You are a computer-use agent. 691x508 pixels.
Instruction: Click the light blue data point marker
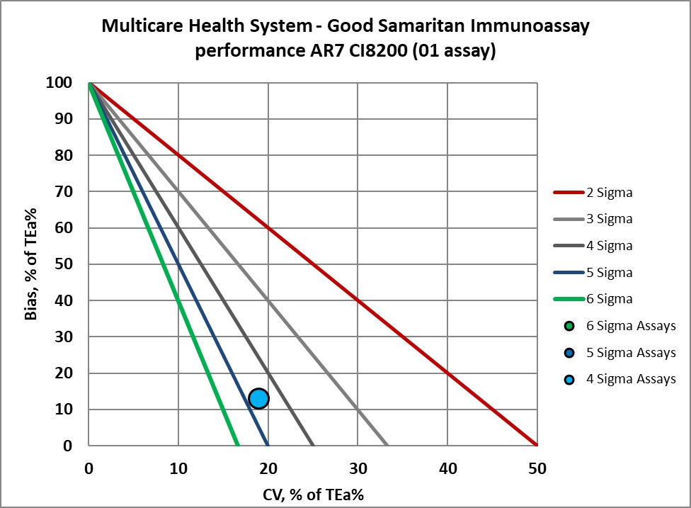point(258,398)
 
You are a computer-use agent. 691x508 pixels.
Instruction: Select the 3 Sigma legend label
point(609,219)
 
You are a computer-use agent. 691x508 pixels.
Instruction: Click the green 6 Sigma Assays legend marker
point(568,326)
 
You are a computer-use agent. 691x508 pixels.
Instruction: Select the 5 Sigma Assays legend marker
point(568,353)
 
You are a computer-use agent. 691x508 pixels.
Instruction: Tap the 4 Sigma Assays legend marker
point(568,379)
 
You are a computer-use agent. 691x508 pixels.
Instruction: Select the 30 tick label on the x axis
point(358,468)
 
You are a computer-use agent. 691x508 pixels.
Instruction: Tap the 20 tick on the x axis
point(268,468)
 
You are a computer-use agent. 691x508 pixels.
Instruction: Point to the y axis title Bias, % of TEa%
point(30,264)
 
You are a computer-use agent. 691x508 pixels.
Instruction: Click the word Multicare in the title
point(142,27)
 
